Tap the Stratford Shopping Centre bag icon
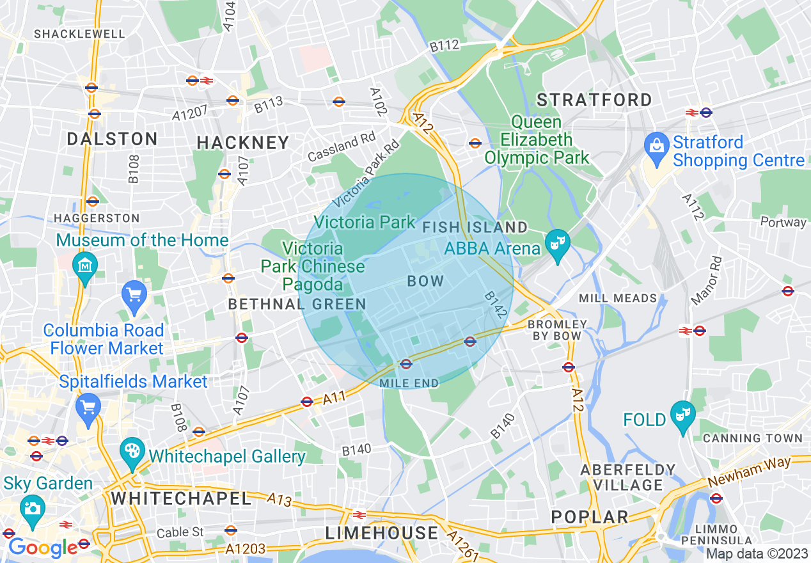click(656, 145)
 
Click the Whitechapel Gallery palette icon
click(133, 451)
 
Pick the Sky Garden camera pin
click(31, 507)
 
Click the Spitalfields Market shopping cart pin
click(88, 406)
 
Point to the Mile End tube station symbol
click(405, 364)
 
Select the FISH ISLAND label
click(475, 227)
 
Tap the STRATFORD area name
click(594, 100)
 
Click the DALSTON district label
click(113, 139)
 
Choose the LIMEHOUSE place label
click(382, 533)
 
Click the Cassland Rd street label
click(342, 147)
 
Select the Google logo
click(43, 548)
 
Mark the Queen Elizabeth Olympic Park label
click(537, 139)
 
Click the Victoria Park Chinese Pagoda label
click(313, 266)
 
